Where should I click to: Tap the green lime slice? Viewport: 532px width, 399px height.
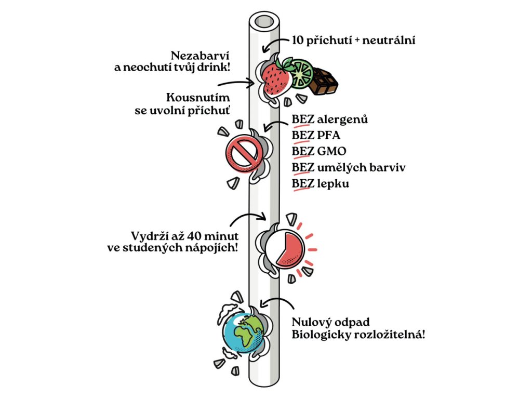click(301, 73)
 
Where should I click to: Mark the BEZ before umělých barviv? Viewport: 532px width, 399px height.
click(302, 168)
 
